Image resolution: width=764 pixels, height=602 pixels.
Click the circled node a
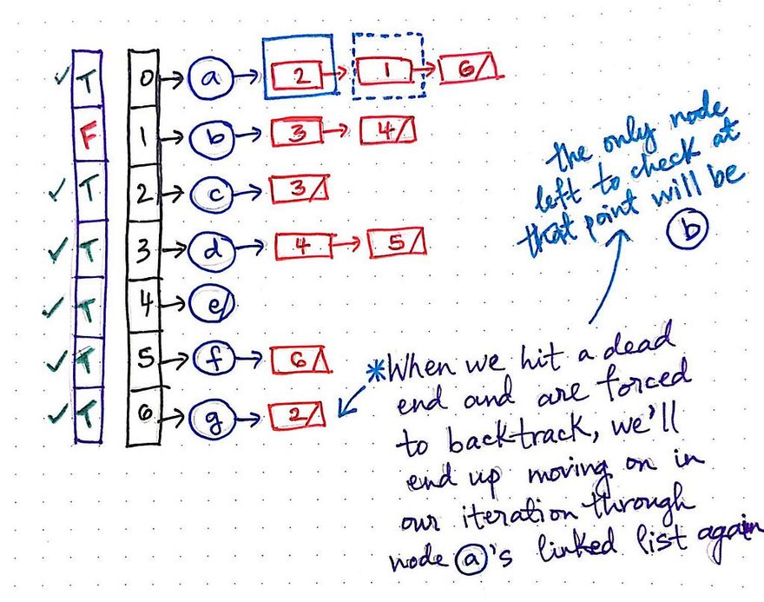[208, 76]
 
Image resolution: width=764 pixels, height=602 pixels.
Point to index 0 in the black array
[145, 78]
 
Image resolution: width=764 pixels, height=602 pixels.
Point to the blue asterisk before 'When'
[376, 368]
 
